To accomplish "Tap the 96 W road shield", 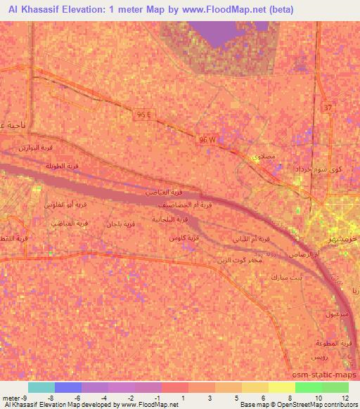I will coord(207,141).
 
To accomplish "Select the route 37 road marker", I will coord(327,108).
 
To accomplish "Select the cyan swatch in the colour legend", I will coord(41,387).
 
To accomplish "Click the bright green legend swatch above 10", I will coord(309,387).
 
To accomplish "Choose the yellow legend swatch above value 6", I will coord(255,387).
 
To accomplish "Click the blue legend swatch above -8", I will coord(68,387).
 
